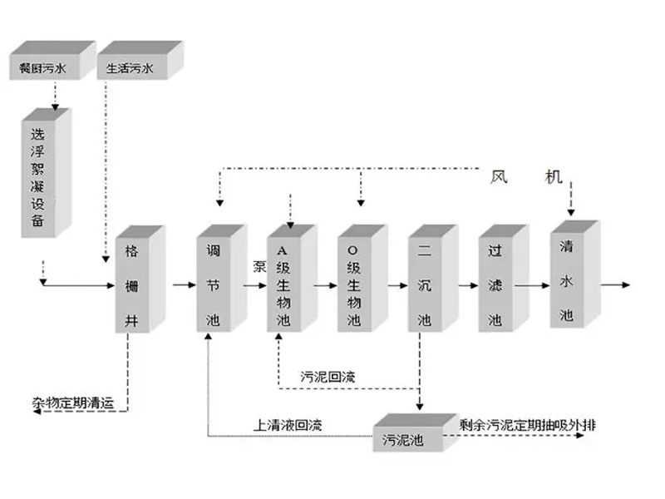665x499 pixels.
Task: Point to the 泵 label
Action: [x=259, y=266]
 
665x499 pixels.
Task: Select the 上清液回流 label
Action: [x=288, y=425]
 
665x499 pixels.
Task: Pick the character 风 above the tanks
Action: [x=498, y=176]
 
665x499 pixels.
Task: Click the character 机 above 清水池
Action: [x=554, y=176]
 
